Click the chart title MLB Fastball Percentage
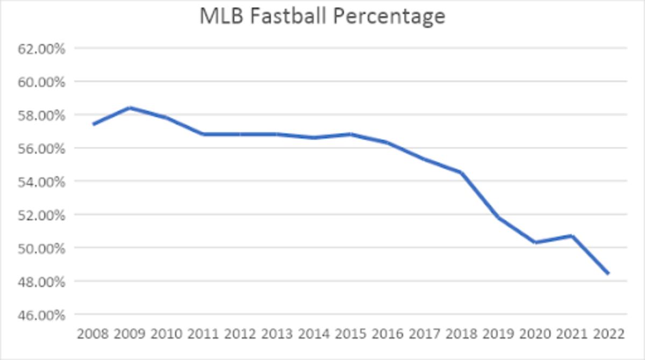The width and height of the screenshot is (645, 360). click(322, 16)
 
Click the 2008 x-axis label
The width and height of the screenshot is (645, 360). click(93, 334)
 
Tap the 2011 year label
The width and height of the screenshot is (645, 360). click(204, 334)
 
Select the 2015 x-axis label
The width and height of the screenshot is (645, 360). click(351, 334)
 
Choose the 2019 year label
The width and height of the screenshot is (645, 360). click(498, 334)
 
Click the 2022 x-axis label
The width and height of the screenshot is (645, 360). click(609, 334)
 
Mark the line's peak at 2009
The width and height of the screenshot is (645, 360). click(130, 108)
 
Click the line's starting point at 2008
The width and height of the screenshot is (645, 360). click(94, 124)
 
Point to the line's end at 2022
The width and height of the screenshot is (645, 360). click(608, 273)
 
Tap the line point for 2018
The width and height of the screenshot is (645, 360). click(461, 172)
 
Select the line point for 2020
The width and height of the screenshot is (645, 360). click(535, 242)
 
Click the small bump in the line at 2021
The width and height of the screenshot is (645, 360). click(572, 235)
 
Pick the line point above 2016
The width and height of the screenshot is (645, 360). click(388, 142)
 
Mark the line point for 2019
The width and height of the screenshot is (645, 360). click(498, 218)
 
